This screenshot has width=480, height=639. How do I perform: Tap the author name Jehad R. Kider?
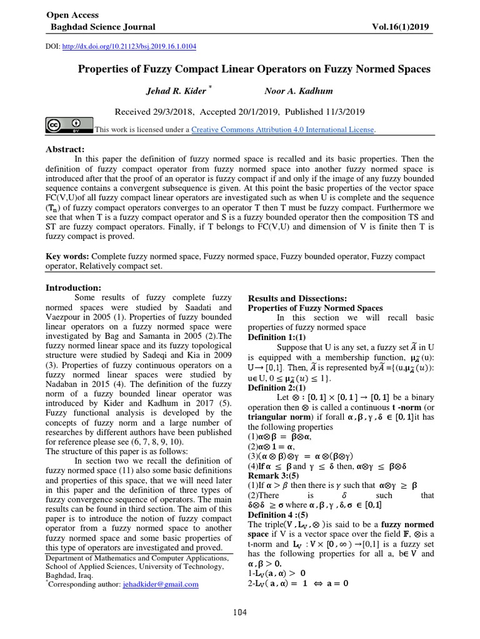[175, 91]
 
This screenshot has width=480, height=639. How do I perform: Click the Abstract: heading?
[65, 150]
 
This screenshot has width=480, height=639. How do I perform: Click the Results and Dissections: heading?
[297, 298]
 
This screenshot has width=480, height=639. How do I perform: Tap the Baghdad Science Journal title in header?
[103, 27]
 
